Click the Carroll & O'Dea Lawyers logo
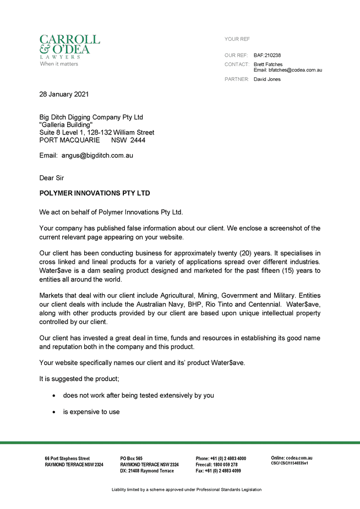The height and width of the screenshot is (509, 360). pyautogui.click(x=69, y=46)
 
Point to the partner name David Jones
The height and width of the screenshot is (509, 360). pyautogui.click(x=267, y=79)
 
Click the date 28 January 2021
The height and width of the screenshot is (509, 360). pyautogui.click(x=64, y=94)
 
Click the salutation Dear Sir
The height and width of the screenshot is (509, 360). pyautogui.click(x=52, y=178)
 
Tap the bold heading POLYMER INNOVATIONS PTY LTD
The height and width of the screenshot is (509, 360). pyautogui.click(x=95, y=193)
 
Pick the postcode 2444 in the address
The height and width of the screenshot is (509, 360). pyautogui.click(x=138, y=140)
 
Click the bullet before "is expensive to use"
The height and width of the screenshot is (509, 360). pyautogui.click(x=53, y=412)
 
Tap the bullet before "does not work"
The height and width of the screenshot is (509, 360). pyautogui.click(x=53, y=396)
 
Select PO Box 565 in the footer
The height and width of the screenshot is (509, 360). pyautogui.click(x=132, y=458)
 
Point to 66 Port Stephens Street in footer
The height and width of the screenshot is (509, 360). pyautogui.click(x=67, y=458)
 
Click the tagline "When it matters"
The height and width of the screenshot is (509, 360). pyautogui.click(x=59, y=64)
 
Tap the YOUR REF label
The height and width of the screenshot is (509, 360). pyautogui.click(x=237, y=39)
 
